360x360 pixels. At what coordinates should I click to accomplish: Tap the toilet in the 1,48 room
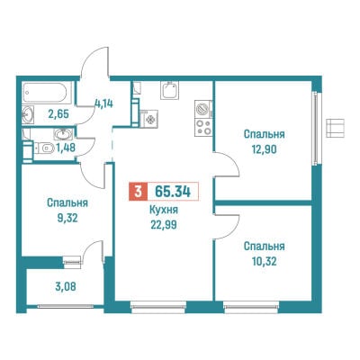coord(44,148)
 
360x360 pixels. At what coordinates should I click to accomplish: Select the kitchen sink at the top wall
coord(169,90)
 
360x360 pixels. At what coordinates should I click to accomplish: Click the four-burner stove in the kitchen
coord(203,127)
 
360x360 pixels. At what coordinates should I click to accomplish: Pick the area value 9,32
coord(67,218)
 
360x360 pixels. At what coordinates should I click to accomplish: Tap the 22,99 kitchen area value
coord(164,224)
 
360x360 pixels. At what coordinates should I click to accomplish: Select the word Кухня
coord(164,210)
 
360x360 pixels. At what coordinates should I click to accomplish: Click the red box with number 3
coord(138,192)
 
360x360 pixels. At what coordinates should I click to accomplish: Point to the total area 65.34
coord(173,192)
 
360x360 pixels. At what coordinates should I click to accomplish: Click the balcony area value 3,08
coord(66,286)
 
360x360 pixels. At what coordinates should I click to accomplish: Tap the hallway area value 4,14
coord(103,103)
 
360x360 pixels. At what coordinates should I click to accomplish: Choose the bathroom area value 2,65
coord(58,113)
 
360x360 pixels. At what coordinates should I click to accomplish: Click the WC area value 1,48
coord(65,148)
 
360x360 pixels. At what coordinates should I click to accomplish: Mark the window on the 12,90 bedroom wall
coord(315,129)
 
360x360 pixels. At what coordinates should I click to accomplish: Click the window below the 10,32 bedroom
coord(251,307)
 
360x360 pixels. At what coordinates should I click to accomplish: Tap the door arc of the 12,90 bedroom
coord(227,165)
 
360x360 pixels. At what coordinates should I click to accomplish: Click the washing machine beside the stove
coord(203,109)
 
